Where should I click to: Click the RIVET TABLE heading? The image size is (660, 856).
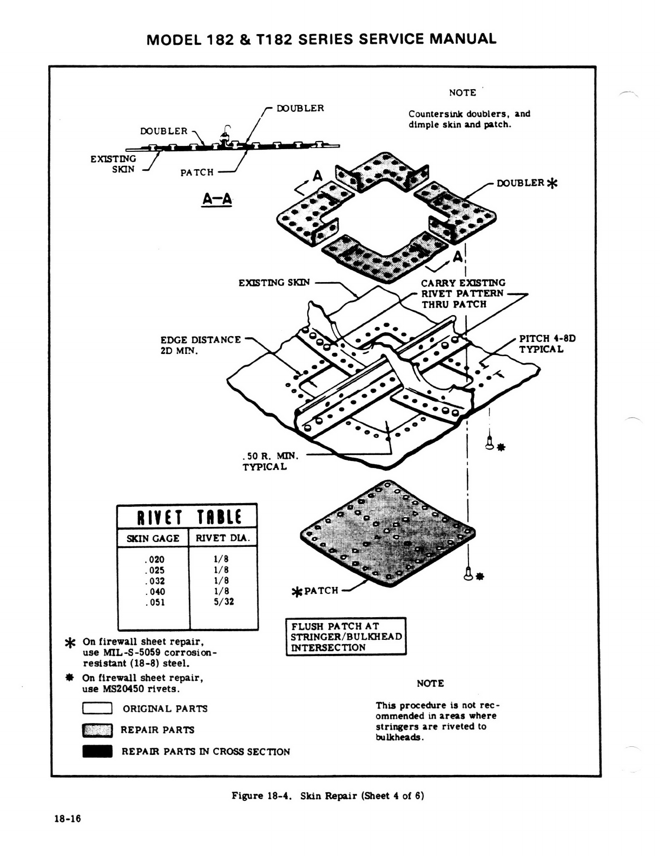[187, 517]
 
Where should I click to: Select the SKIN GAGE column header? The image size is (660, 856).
[153, 538]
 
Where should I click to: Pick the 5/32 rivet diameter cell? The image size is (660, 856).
[223, 601]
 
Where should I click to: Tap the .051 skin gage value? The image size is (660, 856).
[155, 602]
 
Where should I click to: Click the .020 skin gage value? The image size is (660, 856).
[155, 560]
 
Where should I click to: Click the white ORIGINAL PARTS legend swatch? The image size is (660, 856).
[97, 708]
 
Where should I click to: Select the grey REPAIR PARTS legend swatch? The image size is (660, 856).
[97, 730]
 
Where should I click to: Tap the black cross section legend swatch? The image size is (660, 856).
[97, 752]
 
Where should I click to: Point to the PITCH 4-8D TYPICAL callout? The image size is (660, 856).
[547, 344]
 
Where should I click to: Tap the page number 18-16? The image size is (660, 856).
[67, 819]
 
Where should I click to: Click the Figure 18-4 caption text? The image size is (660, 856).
[327, 795]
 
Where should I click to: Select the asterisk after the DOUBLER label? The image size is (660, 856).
[551, 183]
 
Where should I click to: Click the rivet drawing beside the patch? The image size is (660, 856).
[469, 573]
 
